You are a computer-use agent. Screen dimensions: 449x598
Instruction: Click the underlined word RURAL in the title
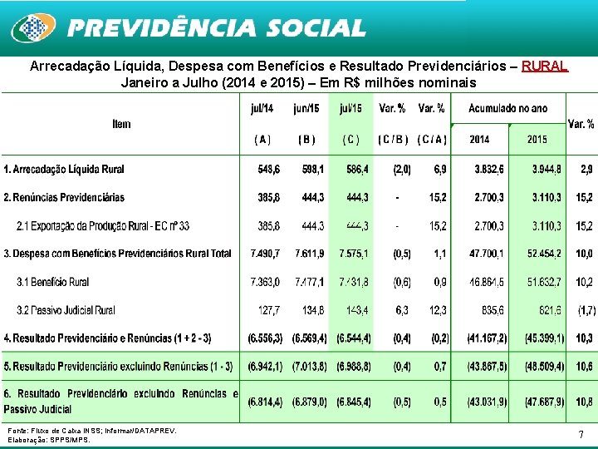click(545, 66)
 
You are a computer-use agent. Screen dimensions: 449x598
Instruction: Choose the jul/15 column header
click(350, 108)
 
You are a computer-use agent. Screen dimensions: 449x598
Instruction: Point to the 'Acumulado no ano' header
click(507, 108)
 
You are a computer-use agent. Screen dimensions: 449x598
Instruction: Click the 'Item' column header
click(121, 124)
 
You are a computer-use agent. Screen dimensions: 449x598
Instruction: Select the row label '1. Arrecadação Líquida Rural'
click(64, 169)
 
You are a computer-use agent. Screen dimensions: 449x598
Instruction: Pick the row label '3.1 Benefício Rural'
click(52, 282)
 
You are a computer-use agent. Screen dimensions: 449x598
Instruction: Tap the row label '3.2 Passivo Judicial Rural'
click(66, 310)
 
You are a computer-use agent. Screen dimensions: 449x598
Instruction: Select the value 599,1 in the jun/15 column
click(310, 169)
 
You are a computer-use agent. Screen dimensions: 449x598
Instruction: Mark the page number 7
click(581, 434)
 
